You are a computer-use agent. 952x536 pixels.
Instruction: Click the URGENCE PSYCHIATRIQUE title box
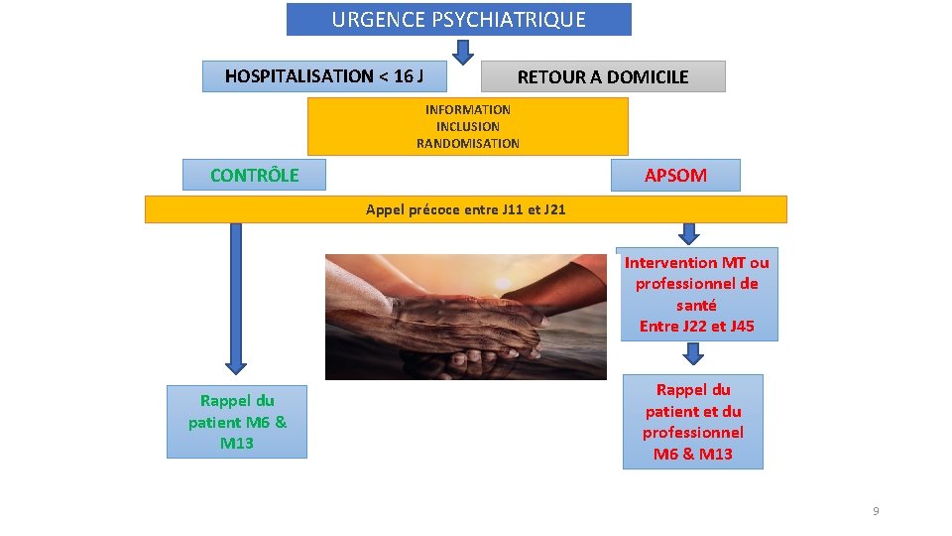[x=458, y=19]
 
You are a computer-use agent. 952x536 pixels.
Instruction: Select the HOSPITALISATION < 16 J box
[x=324, y=76]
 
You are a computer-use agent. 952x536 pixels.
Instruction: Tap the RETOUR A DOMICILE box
[x=602, y=76]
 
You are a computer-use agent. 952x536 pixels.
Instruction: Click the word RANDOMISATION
[x=467, y=143]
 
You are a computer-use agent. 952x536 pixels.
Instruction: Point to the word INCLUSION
[x=467, y=126]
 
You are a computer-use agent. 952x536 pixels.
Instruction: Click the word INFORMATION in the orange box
[x=467, y=109]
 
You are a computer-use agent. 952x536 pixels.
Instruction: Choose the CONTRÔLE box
[x=254, y=175]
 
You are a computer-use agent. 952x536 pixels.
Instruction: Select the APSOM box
[x=675, y=176]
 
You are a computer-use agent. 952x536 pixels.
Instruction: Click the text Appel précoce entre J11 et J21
[x=465, y=209]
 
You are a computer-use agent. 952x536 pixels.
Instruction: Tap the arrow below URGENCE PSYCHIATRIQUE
[x=462, y=51]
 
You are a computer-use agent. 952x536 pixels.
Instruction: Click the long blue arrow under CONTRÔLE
[x=236, y=298]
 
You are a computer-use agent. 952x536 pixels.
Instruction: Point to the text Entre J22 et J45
[x=696, y=326]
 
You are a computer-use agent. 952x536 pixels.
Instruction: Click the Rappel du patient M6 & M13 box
[x=237, y=422]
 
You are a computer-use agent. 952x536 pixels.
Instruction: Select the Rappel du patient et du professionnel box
[x=692, y=422]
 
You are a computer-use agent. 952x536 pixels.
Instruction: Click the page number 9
[x=876, y=511]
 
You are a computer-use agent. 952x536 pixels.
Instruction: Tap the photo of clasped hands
[x=465, y=316]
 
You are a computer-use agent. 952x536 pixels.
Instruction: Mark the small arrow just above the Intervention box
[x=688, y=233]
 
